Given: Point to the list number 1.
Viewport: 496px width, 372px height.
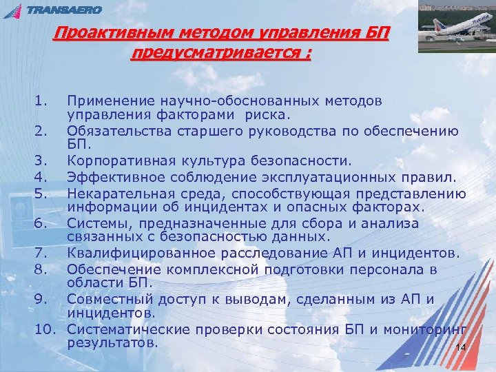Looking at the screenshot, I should click(x=40, y=102).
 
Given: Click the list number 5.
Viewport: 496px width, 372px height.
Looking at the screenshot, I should click(x=40, y=192).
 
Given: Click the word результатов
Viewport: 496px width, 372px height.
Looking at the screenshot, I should click(x=112, y=342).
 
